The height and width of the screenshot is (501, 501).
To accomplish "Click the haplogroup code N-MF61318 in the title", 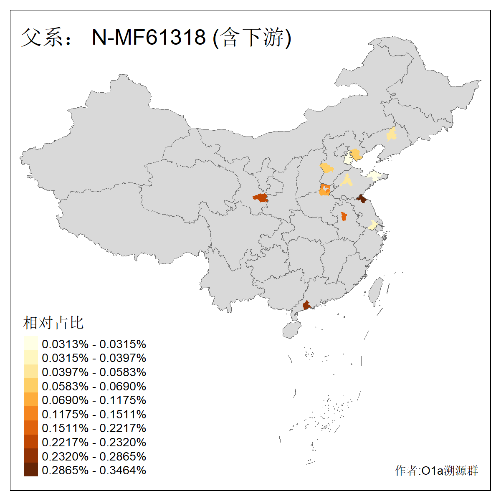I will click(149, 38).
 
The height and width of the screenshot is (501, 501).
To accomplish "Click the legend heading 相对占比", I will click(53, 323).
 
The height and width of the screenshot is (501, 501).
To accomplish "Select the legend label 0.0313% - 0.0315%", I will click(94, 344).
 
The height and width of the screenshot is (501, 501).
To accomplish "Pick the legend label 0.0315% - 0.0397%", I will click(94, 358).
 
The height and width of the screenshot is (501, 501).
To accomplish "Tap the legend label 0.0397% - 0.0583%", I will click(94, 372).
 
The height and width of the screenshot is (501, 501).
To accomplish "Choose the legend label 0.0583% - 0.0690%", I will click(94, 386).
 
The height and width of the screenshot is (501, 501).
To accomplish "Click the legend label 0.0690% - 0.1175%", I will click(94, 400).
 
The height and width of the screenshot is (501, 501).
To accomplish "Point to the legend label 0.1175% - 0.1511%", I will click(94, 415).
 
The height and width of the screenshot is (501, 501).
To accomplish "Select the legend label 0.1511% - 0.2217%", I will click(94, 428).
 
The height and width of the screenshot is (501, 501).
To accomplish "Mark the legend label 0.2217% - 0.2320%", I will click(94, 443).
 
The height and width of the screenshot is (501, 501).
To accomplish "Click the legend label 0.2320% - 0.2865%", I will click(94, 456).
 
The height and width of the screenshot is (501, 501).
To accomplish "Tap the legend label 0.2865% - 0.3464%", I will click(94, 471).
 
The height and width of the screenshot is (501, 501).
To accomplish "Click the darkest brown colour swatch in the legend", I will click(31, 470).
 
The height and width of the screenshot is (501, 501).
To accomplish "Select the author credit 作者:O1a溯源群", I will click(436, 471).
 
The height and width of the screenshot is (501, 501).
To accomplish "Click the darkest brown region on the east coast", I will click(362, 199).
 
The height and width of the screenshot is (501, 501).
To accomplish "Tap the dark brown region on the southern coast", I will click(306, 305).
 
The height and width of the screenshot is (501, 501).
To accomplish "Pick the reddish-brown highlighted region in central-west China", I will click(261, 197).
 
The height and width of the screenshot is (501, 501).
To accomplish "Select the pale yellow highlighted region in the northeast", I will click(391, 134).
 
